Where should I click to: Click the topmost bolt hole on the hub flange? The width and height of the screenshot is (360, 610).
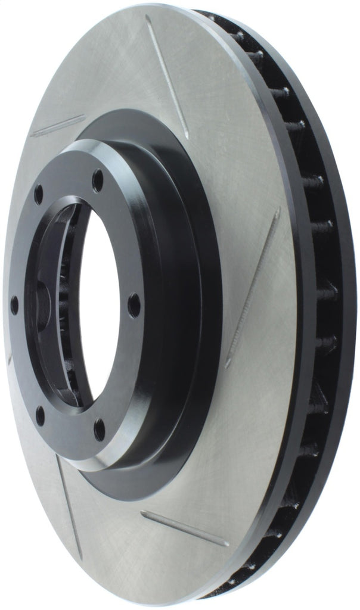[97, 180]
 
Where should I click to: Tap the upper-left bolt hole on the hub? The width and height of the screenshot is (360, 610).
[39, 194]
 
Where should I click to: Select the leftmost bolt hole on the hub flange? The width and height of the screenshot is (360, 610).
[14, 306]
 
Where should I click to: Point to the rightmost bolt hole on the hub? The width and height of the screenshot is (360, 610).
[134, 305]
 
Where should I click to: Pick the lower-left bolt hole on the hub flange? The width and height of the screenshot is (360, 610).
[40, 415]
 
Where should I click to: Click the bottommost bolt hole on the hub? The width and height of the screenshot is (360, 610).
[99, 429]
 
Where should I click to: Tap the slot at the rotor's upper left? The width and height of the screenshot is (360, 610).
[58, 126]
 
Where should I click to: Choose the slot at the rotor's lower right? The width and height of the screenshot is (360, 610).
[184, 528]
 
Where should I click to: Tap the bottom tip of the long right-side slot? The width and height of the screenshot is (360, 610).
[228, 364]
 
